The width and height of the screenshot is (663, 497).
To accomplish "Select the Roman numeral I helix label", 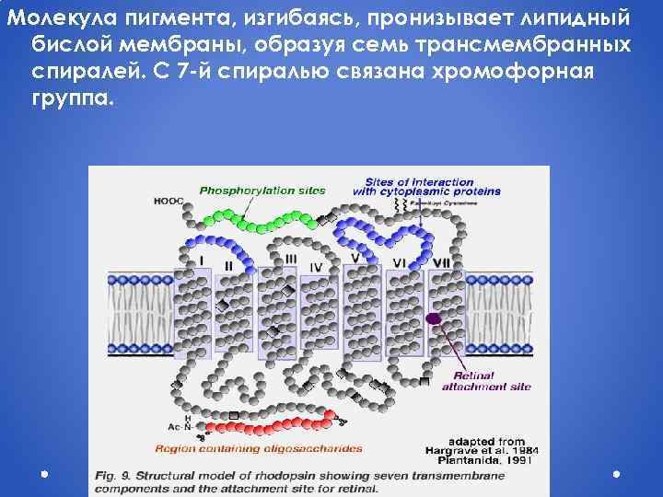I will coord(203,260).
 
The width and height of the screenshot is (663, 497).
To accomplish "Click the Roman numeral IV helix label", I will coord(317,267).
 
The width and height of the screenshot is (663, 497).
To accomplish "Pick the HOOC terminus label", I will coord(169,201).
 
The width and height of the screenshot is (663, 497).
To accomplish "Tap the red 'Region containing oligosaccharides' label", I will coord(259,449).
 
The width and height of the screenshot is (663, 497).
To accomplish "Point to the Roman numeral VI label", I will coord(399,262).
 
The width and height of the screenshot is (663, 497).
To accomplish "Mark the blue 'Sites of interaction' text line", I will coord(419,181).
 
